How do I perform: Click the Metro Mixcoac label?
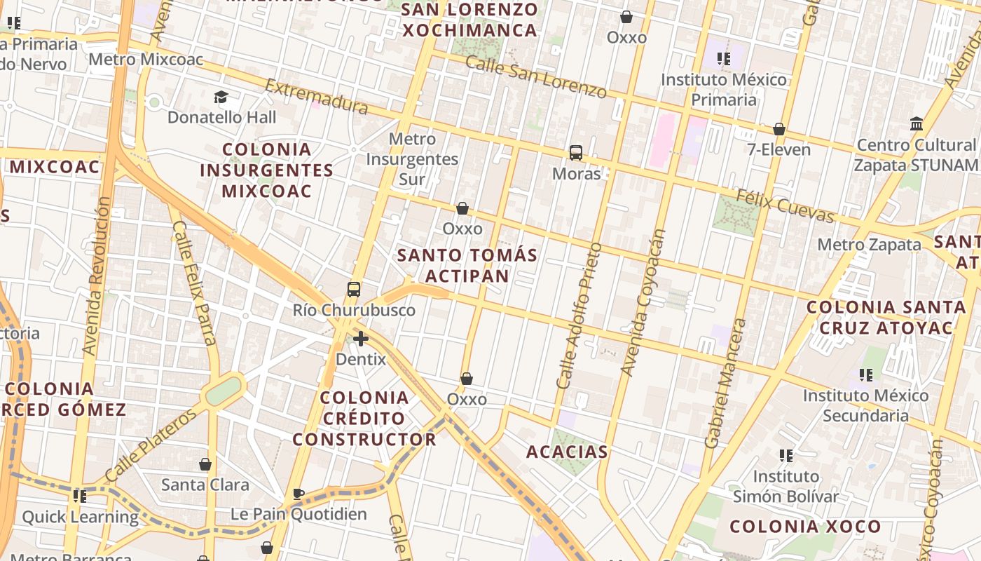click(x=146, y=59)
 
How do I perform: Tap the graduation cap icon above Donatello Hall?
click(x=221, y=97)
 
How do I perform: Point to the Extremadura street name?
click(x=316, y=96)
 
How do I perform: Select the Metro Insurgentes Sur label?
click(x=412, y=159)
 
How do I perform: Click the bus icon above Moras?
click(x=576, y=152)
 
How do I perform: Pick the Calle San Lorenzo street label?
click(x=536, y=76)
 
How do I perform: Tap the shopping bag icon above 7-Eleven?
click(x=778, y=129)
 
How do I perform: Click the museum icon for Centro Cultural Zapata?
click(x=916, y=124)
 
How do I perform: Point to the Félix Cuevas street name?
click(x=785, y=205)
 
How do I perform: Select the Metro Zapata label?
click(x=869, y=245)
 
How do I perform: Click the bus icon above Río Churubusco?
click(x=354, y=289)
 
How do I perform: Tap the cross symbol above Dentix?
click(x=361, y=339)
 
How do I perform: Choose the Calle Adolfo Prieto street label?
click(x=579, y=316)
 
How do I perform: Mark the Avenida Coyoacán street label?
click(x=644, y=302)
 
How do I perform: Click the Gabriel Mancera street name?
click(x=725, y=383)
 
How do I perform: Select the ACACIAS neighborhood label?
click(x=567, y=452)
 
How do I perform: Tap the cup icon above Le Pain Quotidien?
click(x=299, y=494)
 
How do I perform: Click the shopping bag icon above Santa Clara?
click(x=205, y=464)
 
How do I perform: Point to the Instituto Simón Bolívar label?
click(x=786, y=487)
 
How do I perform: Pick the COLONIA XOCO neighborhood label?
click(x=805, y=527)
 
